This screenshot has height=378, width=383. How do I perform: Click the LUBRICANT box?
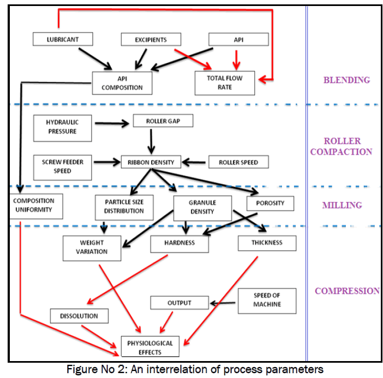63,39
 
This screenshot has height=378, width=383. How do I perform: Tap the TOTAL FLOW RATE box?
225,82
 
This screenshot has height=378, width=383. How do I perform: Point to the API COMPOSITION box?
122,82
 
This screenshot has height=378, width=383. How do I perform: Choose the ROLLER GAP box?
163,121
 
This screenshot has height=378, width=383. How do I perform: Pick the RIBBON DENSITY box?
151,162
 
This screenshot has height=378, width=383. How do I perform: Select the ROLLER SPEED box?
238,162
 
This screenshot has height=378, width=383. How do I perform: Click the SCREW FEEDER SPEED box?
61,166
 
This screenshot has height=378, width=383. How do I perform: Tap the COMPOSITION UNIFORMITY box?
35,206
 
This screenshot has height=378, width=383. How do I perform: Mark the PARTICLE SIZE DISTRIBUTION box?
125,206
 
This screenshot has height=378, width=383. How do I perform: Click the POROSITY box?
270,203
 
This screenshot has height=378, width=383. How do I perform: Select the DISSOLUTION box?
79,316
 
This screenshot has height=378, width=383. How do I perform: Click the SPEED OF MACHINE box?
267,300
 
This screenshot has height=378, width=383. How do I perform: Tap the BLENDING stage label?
346,80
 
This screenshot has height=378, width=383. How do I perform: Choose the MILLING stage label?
342,205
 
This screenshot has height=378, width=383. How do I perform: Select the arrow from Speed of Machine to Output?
223,302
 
